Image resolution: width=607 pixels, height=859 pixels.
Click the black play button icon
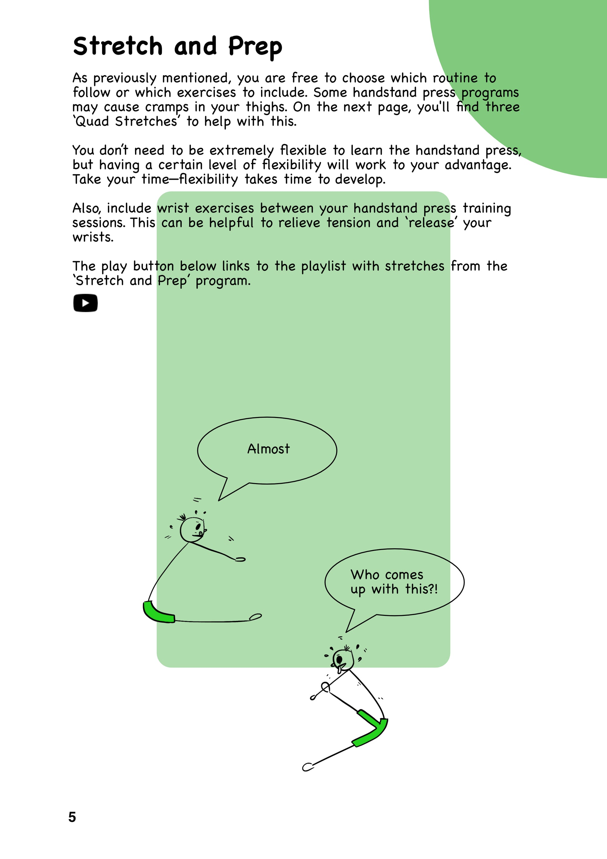[85, 303]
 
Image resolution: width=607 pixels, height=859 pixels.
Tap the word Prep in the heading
[255, 47]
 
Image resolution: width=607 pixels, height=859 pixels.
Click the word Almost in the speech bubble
[268, 449]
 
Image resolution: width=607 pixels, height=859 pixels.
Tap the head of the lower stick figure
[343, 660]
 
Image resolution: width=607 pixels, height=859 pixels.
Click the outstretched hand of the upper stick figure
[240, 559]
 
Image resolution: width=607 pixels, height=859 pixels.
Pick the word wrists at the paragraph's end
[93, 237]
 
